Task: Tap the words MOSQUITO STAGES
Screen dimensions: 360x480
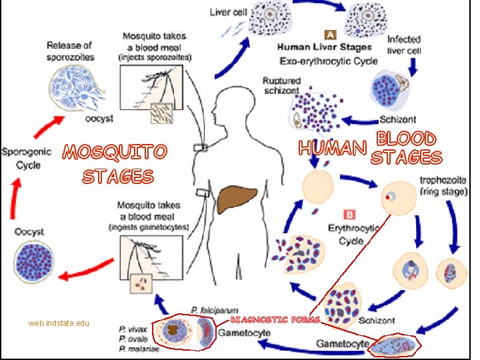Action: point(115,164)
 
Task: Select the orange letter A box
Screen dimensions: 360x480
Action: point(329,33)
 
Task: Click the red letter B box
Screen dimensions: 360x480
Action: point(349,214)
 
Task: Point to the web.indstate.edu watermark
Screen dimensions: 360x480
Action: point(59,323)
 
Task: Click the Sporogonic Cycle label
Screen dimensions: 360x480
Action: point(23,157)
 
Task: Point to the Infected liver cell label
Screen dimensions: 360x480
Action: point(404,45)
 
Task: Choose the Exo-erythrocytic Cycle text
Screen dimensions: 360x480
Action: point(328,61)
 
